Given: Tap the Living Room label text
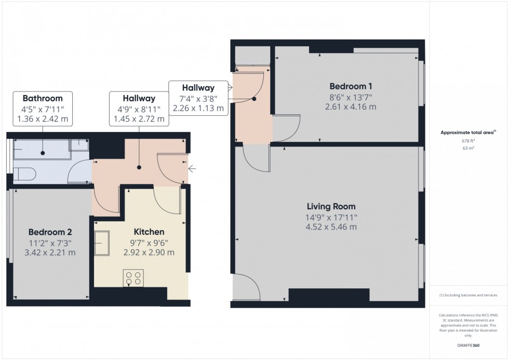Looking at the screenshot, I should click(330, 207).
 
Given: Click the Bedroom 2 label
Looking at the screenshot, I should click(50, 232).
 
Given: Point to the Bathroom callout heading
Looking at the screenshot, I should click(43, 98).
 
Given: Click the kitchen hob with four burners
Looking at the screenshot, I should click(133, 278).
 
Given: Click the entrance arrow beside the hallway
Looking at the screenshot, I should click(192, 168).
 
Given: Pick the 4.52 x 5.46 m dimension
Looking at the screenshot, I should click(330, 227).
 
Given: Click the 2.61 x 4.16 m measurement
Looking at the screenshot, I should click(350, 107).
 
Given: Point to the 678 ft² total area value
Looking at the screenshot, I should click(468, 140).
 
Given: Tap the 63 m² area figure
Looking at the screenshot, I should click(468, 148).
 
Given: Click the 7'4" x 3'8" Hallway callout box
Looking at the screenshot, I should click(198, 98).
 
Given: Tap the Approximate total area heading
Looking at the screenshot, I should click(468, 132).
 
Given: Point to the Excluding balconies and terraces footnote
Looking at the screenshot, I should click(468, 295).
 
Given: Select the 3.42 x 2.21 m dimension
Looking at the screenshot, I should click(50, 253).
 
